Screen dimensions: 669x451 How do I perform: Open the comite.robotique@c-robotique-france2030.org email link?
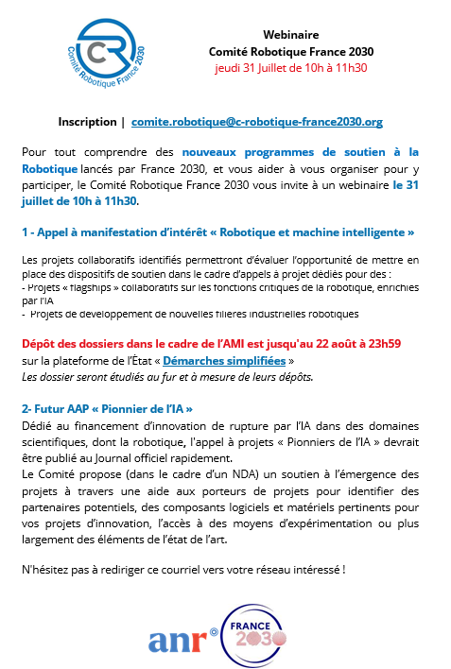click(257, 122)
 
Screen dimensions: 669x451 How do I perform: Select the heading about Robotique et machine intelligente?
click(217, 232)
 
